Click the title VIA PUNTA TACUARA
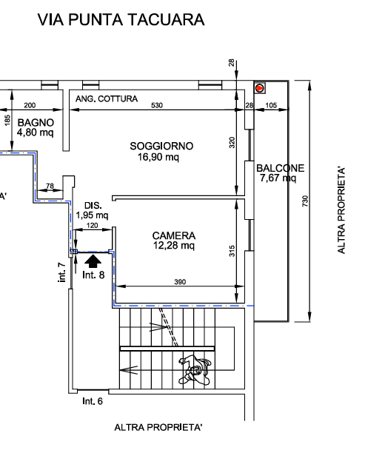pyautogui.click(x=121, y=20)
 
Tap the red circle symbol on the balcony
pyautogui.click(x=260, y=88)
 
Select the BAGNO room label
pyautogui.click(x=36, y=123)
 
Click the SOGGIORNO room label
pyautogui.click(x=161, y=146)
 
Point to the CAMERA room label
pyautogui.click(x=174, y=235)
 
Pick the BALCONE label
pyautogui.click(x=280, y=168)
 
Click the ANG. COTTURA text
pyautogui.click(x=107, y=99)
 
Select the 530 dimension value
pyautogui.click(x=157, y=105)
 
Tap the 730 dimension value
pyautogui.click(x=305, y=201)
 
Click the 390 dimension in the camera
pyautogui.click(x=180, y=282)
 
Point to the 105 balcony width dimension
pyautogui.click(x=271, y=105)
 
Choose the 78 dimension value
pyautogui.click(x=50, y=186)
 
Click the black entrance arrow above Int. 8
pyautogui.click(x=93, y=261)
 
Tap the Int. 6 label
pyautogui.click(x=93, y=401)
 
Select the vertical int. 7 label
pyautogui.click(x=61, y=272)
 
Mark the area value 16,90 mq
pyautogui.click(x=158, y=157)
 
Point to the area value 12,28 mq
pyautogui.click(x=174, y=246)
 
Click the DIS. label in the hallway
pyautogui.click(x=93, y=206)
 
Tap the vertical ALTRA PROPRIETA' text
pyautogui.click(x=341, y=210)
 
